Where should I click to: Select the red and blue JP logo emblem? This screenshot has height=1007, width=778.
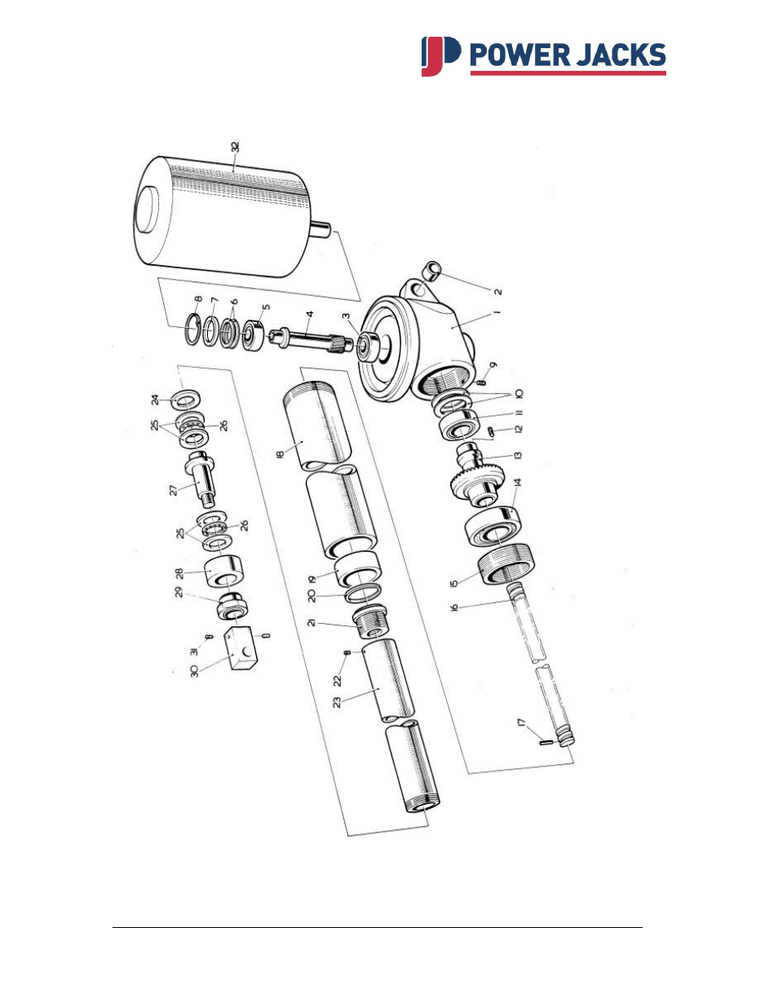(x=440, y=56)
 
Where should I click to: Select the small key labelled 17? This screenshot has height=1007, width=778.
(x=546, y=741)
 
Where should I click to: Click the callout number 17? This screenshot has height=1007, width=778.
(x=522, y=724)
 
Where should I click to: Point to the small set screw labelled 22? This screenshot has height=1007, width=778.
(x=347, y=653)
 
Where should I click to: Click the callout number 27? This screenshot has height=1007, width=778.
(x=173, y=490)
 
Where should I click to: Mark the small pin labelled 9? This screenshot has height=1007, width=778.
(x=483, y=380)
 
